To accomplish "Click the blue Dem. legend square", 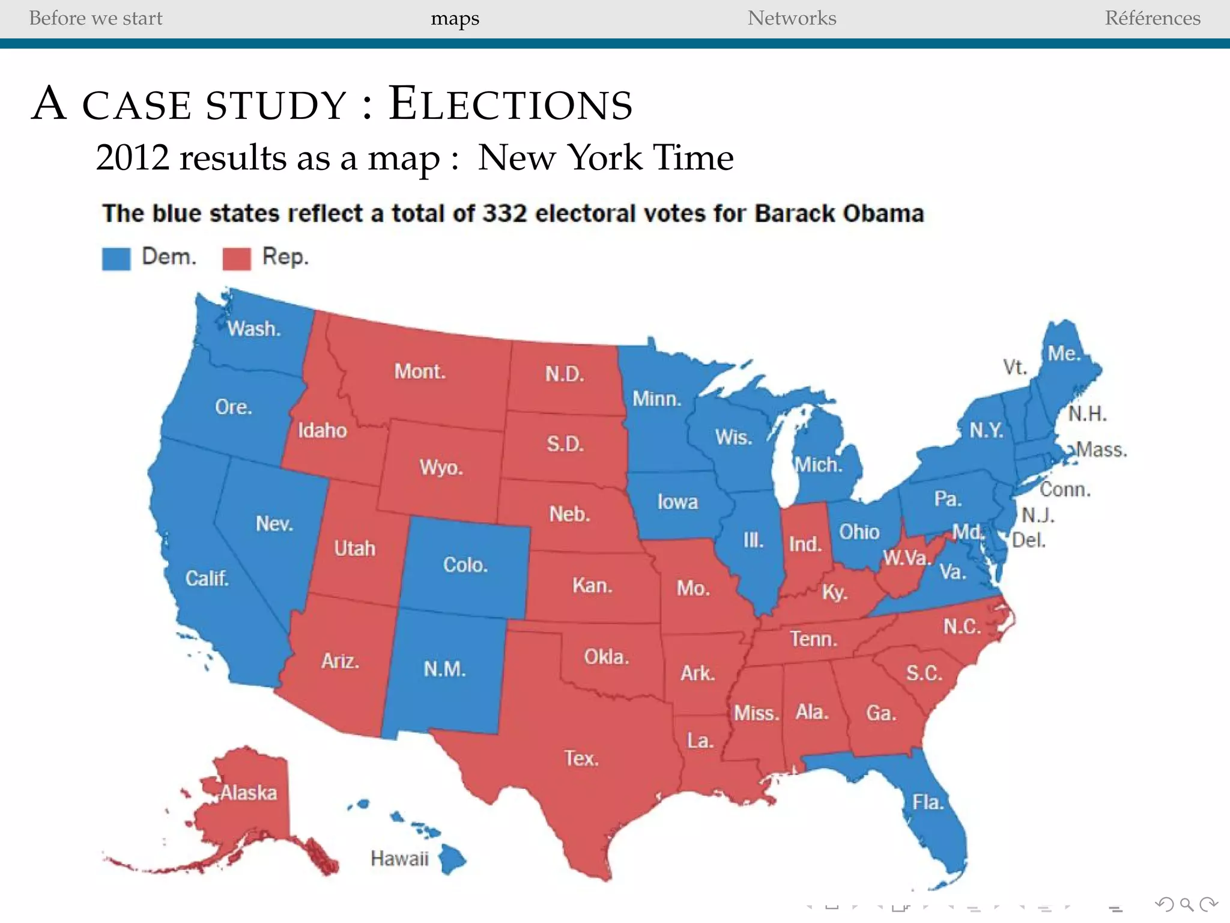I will click(x=116, y=258).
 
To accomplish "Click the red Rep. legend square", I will click(x=237, y=258).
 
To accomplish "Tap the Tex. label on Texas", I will click(x=581, y=758).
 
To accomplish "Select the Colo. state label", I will click(x=465, y=565).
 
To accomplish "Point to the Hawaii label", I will click(x=399, y=858).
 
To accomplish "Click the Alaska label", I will click(x=248, y=793).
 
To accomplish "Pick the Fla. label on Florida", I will click(x=928, y=802).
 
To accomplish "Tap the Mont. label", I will click(x=420, y=371).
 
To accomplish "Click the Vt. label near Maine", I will click(x=1014, y=367).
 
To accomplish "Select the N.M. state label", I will click(x=444, y=669).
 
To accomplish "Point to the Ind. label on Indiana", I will click(x=805, y=544).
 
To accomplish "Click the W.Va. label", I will click(x=906, y=558).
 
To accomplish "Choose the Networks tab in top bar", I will click(x=792, y=18).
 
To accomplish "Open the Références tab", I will click(x=1152, y=18).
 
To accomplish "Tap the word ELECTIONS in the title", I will click(x=510, y=105).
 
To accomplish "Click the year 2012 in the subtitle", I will click(x=133, y=158).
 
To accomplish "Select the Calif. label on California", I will click(x=207, y=578).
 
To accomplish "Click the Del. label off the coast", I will click(x=1028, y=540).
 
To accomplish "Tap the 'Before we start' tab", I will click(x=95, y=18).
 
